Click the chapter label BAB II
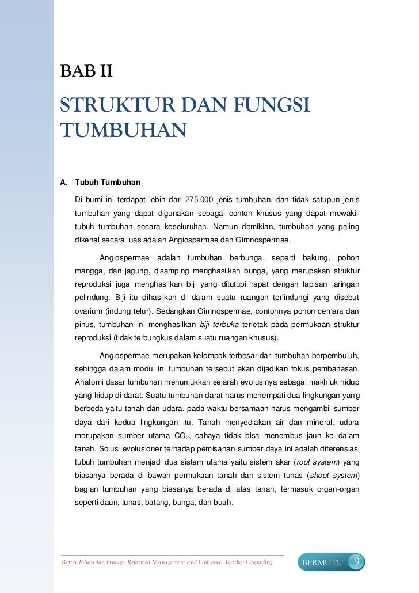point(86,73)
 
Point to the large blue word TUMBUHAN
point(124,130)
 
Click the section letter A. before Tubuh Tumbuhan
point(64,183)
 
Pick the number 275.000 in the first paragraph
point(199,200)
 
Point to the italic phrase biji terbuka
point(219,325)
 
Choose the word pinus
point(84,325)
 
